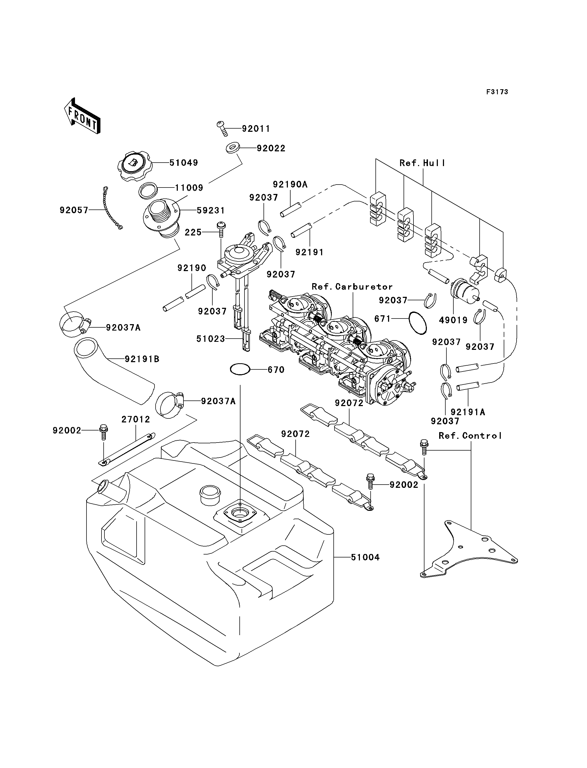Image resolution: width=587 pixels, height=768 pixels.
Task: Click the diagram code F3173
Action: (497, 92)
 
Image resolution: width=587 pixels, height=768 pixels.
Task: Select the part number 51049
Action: (184, 163)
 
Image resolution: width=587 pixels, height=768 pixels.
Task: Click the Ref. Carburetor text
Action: (352, 287)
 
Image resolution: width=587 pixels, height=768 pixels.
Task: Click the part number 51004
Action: (365, 557)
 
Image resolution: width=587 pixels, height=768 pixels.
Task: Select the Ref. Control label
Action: (470, 436)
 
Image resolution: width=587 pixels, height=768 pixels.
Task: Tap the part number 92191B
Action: (142, 359)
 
